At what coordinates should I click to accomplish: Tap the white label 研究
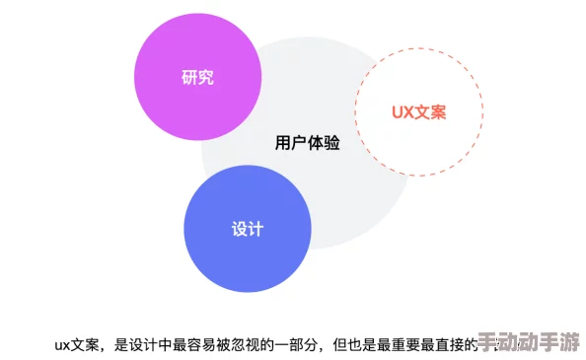pyautogui.click(x=198, y=77)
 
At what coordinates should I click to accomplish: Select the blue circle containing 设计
pyautogui.click(x=248, y=228)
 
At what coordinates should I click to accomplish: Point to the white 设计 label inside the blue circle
pyautogui.click(x=248, y=229)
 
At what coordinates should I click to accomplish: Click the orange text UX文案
pyautogui.click(x=418, y=111)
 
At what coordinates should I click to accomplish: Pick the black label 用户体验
pyautogui.click(x=307, y=143)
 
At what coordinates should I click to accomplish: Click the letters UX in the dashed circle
pyautogui.click(x=402, y=111)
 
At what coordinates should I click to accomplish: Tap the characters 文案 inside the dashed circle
pyautogui.click(x=430, y=111)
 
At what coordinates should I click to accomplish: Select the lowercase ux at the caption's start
pyautogui.click(x=62, y=344)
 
